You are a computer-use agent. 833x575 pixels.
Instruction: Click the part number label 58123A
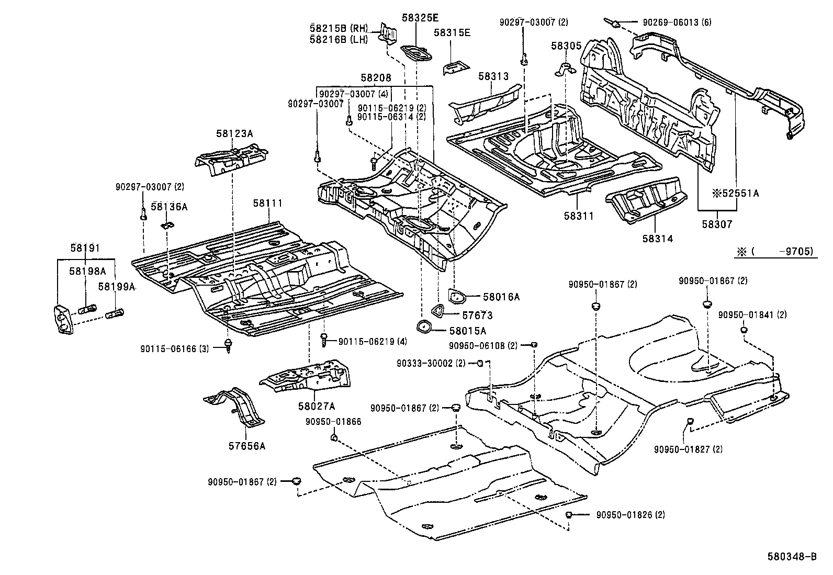tap(234, 134)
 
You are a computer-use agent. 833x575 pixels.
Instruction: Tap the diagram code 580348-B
tap(793, 557)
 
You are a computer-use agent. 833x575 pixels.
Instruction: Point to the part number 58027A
tap(316, 405)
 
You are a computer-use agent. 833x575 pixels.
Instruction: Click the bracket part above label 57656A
tap(235, 408)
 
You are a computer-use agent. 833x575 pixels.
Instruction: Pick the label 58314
tap(658, 239)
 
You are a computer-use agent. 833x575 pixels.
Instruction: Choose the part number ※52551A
tap(735, 194)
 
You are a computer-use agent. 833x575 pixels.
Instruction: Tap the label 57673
tap(477, 315)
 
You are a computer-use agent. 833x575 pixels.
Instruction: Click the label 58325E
tap(420, 17)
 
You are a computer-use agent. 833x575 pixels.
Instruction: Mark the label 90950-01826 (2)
tap(631, 515)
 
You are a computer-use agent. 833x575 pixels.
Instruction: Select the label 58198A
tap(88, 270)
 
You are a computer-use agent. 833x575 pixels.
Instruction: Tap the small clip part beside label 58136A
tap(166, 226)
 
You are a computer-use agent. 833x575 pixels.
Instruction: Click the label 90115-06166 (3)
tap(174, 348)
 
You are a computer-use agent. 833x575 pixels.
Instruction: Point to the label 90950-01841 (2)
tap(752, 314)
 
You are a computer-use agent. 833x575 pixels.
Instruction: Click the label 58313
tap(493, 76)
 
